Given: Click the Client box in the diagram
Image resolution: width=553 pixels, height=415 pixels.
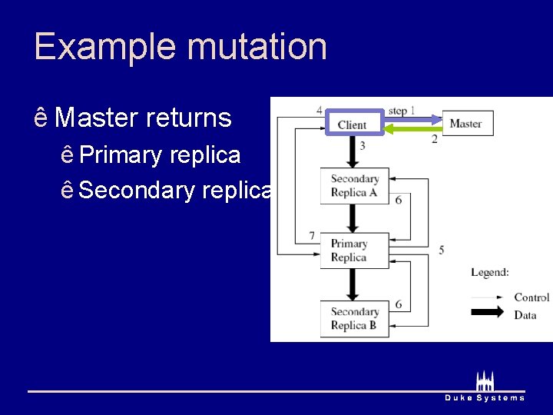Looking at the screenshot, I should tap(353, 124).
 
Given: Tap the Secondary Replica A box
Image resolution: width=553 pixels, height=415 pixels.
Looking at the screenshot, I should tap(355, 186).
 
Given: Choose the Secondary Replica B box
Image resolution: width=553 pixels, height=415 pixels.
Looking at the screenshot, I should tap(355, 318).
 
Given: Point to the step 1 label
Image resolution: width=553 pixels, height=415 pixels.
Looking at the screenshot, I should tap(402, 111).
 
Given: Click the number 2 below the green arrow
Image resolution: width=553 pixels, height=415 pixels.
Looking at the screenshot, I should tap(434, 139).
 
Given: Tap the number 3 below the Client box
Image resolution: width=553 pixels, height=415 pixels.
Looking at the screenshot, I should tap(362, 145).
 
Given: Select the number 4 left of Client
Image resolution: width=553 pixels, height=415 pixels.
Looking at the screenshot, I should tap(320, 110).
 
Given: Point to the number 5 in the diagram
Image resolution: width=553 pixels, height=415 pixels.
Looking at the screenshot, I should tap(442, 250).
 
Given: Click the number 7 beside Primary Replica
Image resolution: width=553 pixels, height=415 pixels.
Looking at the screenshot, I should tap(312, 235).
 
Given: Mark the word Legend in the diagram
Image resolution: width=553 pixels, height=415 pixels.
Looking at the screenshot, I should tap(490, 272).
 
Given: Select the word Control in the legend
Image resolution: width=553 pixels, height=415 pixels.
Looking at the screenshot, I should tap(531, 297).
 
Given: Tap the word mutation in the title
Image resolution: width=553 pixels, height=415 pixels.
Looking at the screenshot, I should tap(257, 46).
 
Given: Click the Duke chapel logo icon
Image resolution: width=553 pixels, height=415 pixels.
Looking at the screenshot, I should tap(485, 380).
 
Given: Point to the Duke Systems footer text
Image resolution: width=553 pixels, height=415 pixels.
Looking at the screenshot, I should tap(485, 397).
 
